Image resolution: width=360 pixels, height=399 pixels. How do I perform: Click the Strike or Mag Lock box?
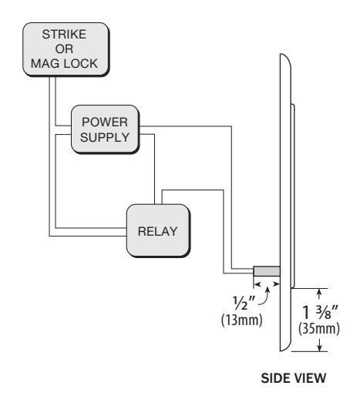(66, 49)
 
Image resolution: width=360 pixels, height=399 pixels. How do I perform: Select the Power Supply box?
(105, 129)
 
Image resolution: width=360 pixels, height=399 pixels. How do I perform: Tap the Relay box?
(158, 230)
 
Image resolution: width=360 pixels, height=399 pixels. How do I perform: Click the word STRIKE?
(64, 35)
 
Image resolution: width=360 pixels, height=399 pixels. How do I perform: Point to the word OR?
(64, 49)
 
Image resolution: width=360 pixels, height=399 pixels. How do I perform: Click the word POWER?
(105, 122)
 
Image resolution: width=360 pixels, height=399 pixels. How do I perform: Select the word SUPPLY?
(105, 137)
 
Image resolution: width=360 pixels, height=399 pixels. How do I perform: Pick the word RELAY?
(157, 231)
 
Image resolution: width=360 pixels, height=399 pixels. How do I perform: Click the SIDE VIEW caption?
(294, 378)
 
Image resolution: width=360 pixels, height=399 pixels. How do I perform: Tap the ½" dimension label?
(244, 303)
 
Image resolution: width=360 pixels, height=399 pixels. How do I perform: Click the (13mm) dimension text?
(242, 320)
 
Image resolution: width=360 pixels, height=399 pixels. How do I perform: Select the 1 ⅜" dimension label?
(320, 312)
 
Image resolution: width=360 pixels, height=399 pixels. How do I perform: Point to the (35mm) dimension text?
(319, 328)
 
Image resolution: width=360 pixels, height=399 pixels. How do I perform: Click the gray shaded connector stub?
(267, 271)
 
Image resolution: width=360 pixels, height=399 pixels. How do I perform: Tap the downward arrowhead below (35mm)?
(319, 347)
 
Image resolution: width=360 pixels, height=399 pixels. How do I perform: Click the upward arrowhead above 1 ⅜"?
(319, 292)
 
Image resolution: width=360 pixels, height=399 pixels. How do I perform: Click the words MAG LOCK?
(64, 63)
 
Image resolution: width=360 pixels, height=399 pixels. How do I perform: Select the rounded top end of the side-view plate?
(285, 60)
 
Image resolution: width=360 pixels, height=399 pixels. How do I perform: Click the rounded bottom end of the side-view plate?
(285, 345)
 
